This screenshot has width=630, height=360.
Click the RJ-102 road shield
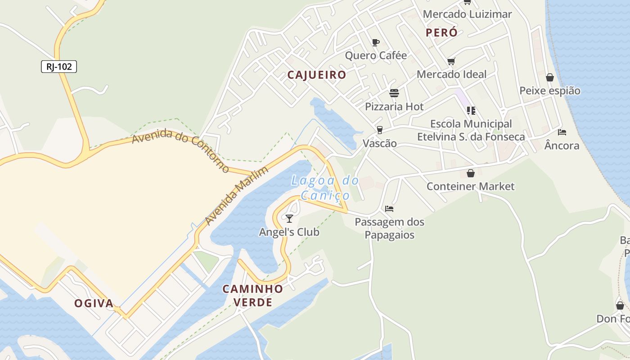(59, 67)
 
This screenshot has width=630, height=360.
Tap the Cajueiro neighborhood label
(317, 75)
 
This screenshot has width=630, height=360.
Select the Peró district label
(441, 32)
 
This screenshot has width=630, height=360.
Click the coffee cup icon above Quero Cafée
(376, 43)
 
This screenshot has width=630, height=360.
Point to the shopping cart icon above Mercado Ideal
(451, 61)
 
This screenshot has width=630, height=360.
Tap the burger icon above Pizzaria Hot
(394, 93)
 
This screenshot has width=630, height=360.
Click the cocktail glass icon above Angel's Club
(289, 219)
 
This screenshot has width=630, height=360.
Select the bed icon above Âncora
(562, 132)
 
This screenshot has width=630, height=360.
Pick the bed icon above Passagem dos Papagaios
(389, 209)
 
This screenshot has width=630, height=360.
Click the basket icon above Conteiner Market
(471, 173)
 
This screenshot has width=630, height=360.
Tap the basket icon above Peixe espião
(549, 77)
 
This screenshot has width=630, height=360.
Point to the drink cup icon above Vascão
(380, 130)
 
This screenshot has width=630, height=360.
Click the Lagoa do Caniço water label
(325, 188)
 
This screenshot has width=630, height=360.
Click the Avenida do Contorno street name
(181, 151)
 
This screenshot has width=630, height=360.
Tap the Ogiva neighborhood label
(94, 303)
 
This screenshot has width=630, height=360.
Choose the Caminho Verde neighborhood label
(253, 295)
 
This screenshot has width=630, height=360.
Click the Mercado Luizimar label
(467, 14)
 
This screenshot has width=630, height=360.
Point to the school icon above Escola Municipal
(471, 110)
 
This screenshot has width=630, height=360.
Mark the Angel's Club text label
(289, 232)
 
